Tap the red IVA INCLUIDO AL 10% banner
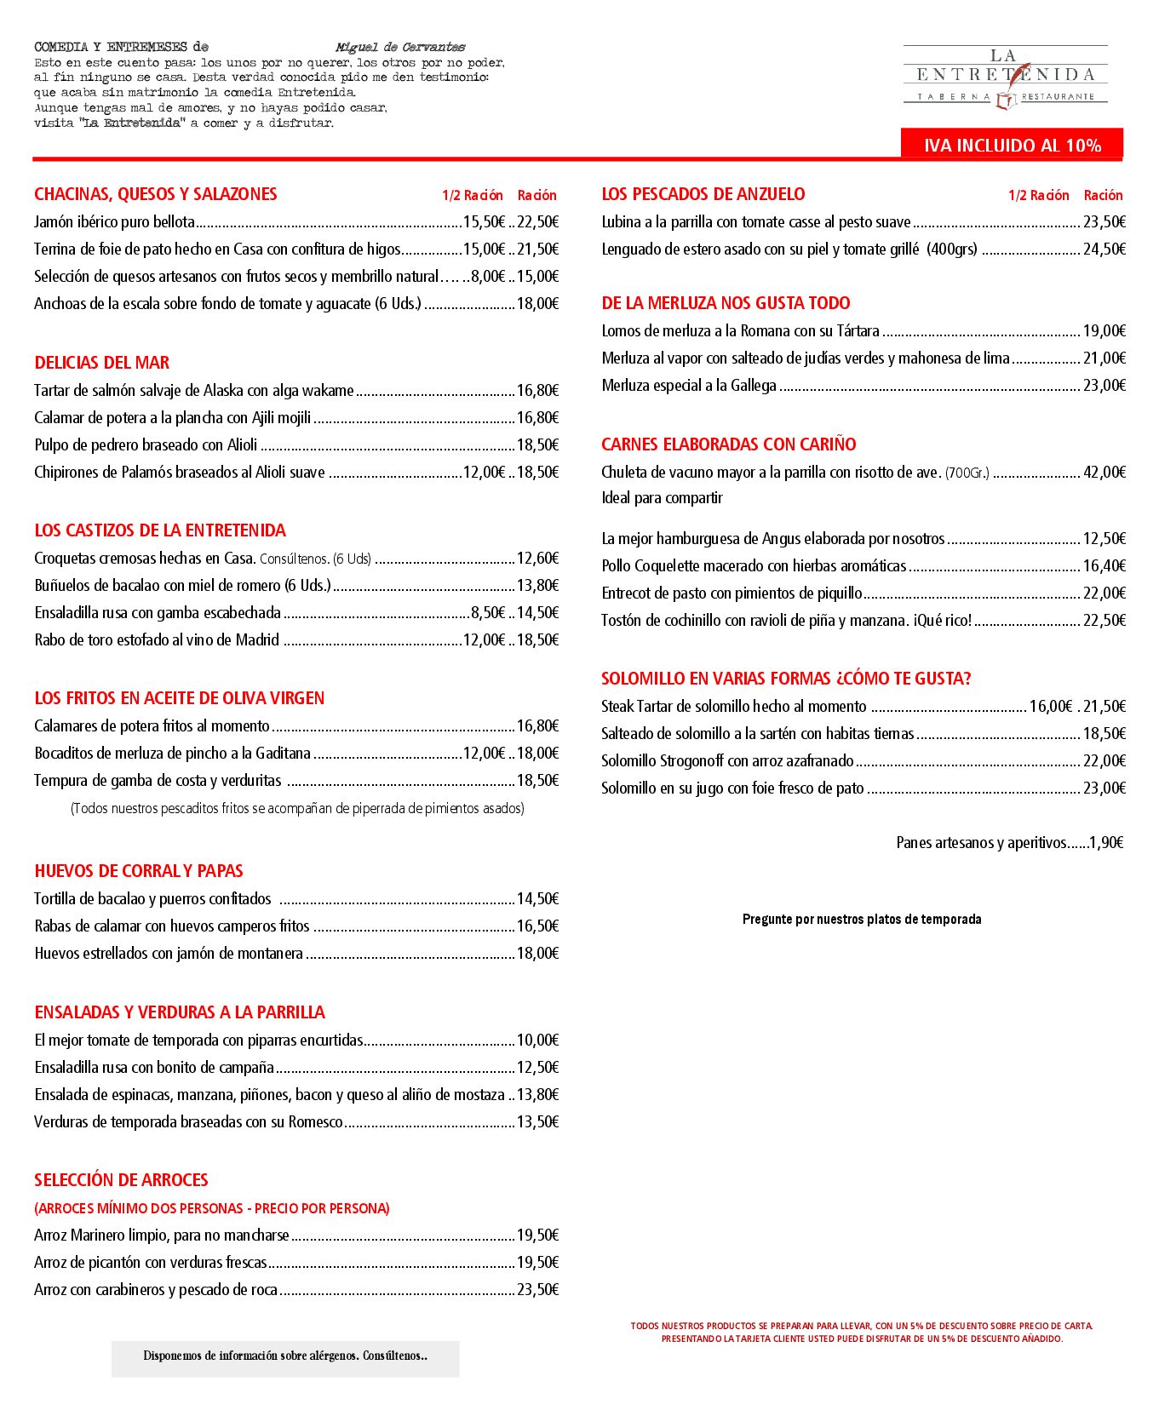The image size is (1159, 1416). tap(1012, 145)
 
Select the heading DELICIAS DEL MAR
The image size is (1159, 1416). tap(102, 363)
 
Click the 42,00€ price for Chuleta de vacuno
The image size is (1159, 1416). tap(1104, 473)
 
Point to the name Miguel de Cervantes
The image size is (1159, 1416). tap(400, 48)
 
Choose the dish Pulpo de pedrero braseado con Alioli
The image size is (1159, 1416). tap(146, 445)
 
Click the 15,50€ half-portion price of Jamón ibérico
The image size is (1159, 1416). tap(484, 222)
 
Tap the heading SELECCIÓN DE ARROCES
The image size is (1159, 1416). tap(121, 1180)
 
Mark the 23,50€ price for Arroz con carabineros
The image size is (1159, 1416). tap(537, 1290)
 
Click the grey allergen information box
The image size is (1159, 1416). tap(285, 1356)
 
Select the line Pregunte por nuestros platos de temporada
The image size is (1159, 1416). tap(862, 920)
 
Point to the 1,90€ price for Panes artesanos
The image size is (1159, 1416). tap(1106, 843)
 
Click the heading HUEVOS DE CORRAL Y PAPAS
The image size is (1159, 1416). tap(139, 871)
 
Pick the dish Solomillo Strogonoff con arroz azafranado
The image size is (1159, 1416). tap(727, 761)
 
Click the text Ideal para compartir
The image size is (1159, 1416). tap(662, 498)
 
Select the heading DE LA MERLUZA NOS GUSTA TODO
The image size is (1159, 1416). tap(726, 303)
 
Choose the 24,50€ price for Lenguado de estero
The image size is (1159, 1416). tap(1104, 249)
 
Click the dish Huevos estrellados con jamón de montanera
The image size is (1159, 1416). tap(169, 954)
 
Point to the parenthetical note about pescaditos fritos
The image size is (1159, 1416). tap(297, 809)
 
